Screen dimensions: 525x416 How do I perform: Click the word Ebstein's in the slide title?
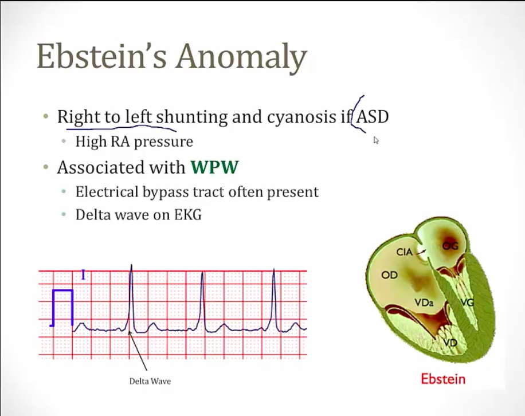(101, 56)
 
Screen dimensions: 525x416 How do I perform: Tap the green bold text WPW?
(214, 167)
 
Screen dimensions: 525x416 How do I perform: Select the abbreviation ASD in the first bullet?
(373, 116)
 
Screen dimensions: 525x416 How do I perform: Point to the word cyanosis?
(301, 117)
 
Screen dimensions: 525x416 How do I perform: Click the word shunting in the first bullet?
(192, 117)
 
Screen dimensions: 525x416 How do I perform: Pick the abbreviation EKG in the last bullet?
(188, 214)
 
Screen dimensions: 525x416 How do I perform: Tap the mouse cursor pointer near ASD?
(376, 140)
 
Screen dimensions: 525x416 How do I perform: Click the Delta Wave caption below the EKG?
(150, 381)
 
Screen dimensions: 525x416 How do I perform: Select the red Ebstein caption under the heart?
(443, 379)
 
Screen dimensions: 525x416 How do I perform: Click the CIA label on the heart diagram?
(404, 252)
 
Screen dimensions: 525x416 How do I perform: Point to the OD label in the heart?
(389, 275)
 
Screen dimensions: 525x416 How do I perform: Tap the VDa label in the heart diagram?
(424, 303)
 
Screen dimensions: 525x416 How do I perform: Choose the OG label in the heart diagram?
(450, 246)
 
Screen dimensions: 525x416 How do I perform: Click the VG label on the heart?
(467, 303)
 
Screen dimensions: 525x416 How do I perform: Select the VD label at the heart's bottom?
(450, 343)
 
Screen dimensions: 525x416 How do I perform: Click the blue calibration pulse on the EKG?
(62, 308)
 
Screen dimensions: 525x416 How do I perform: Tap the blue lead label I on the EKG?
(83, 275)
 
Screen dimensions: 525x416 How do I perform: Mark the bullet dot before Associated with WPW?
(46, 167)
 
